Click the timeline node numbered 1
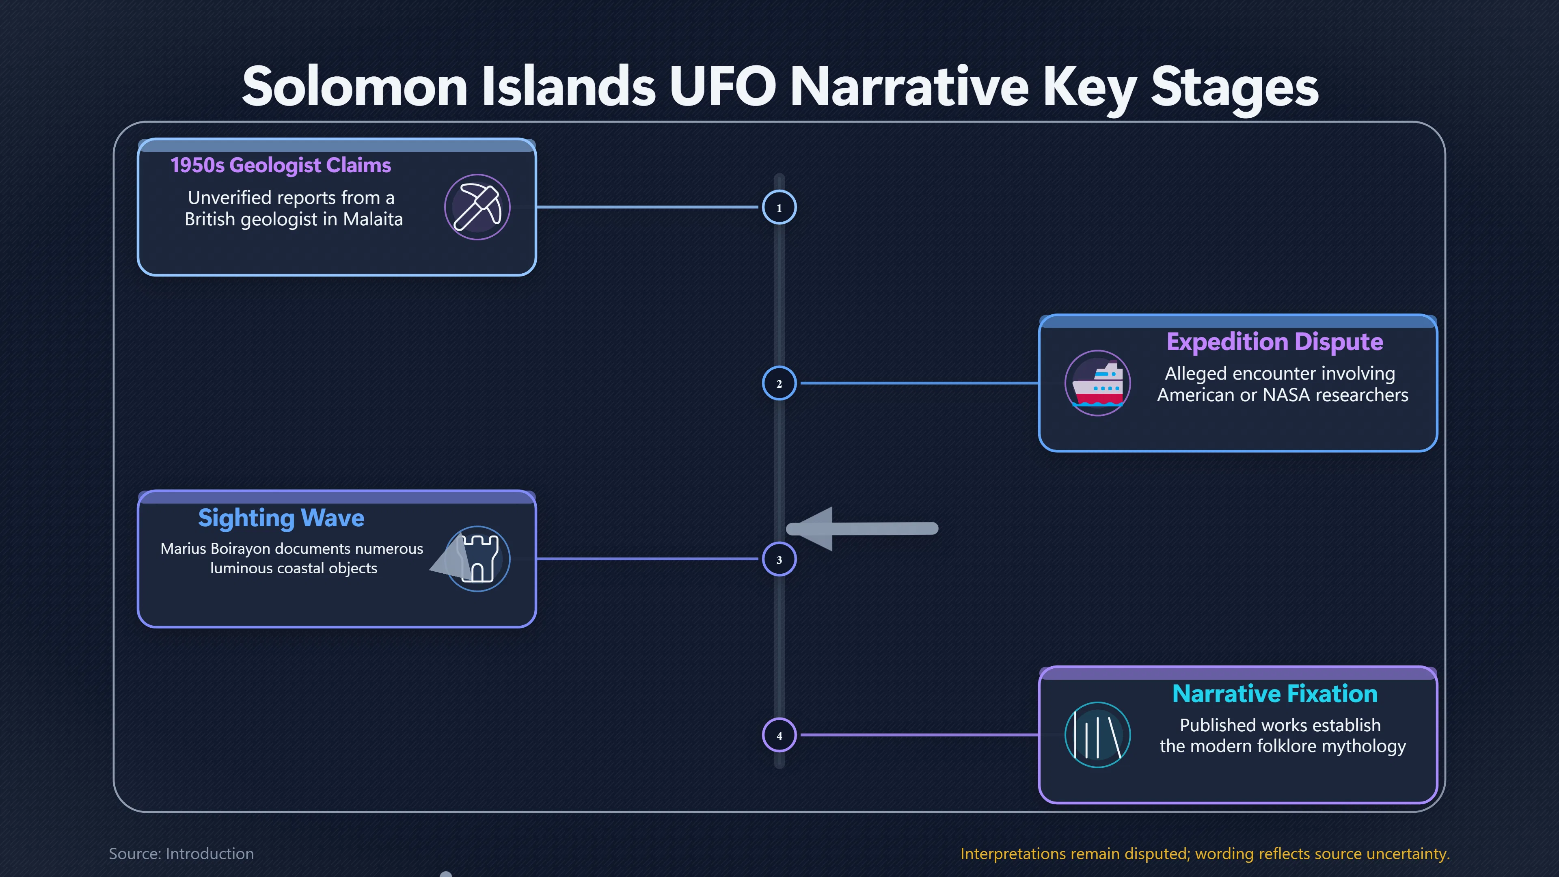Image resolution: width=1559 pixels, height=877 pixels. [779, 207]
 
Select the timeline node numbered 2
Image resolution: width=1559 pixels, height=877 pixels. [779, 383]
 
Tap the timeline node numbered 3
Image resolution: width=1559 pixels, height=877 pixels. [779, 559]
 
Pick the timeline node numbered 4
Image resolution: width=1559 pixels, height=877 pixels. [779, 735]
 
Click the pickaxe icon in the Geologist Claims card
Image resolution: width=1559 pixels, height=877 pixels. [477, 207]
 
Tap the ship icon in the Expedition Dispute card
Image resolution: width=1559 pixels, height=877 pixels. [1097, 383]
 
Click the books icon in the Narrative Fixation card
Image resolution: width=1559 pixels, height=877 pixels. [1097, 735]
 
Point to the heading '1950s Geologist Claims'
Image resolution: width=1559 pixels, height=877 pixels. [281, 165]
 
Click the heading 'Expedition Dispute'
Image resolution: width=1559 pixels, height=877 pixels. [1274, 342]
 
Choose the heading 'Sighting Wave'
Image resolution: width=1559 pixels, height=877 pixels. [281, 518]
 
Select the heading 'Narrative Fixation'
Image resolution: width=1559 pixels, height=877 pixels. [1274, 693]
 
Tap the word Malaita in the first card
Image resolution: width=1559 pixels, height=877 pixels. [373, 219]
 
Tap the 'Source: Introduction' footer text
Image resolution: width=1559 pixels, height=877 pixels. [181, 854]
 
